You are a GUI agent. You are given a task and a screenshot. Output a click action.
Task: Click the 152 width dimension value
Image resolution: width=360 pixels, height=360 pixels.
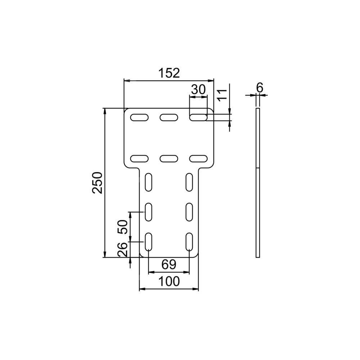click(169, 73)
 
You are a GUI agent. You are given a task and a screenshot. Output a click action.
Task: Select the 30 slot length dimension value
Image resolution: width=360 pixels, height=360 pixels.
click(198, 90)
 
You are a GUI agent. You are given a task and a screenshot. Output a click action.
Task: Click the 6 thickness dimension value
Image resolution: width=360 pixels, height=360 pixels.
click(260, 87)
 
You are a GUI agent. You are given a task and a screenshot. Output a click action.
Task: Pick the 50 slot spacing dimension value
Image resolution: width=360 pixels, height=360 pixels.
click(123, 227)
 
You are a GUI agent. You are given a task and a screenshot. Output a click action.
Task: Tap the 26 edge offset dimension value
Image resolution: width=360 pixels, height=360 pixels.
click(123, 249)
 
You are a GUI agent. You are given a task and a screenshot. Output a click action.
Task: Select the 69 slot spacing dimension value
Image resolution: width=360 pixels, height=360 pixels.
click(169, 265)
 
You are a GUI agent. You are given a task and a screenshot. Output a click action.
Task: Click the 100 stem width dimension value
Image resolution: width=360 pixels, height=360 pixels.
click(169, 282)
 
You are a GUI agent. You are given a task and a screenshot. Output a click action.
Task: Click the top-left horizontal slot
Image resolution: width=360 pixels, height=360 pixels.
click(139, 117)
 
